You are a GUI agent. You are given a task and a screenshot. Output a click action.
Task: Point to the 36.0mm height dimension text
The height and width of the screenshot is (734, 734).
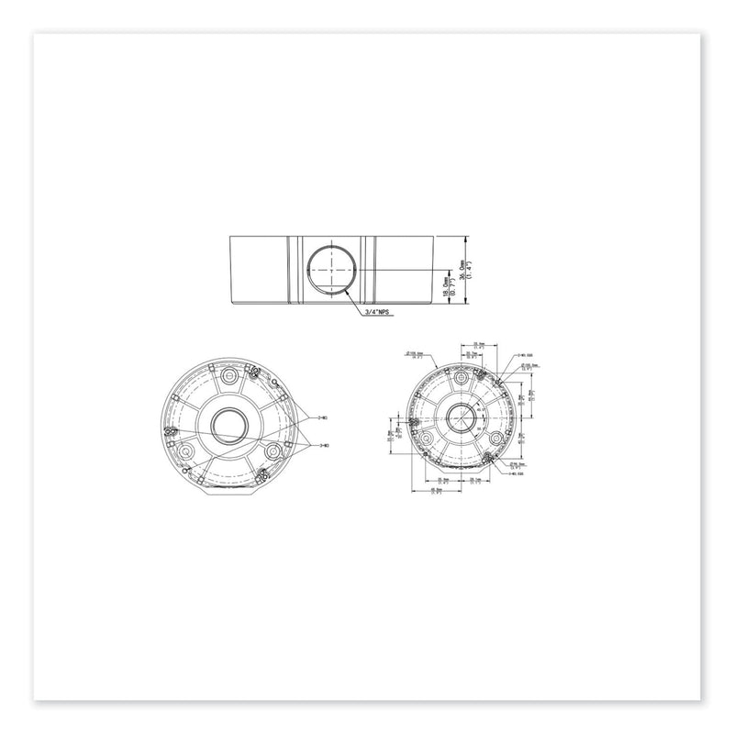tap(467, 270)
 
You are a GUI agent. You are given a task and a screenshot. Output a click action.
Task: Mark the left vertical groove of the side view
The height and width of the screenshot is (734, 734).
tap(292, 271)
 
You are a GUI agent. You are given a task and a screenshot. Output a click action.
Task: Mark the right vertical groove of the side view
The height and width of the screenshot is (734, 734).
tap(369, 271)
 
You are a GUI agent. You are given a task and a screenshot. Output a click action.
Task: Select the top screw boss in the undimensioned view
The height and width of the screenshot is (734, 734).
tap(228, 375)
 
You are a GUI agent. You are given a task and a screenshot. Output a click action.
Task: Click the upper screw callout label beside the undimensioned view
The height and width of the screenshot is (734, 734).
tap(322, 417)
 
